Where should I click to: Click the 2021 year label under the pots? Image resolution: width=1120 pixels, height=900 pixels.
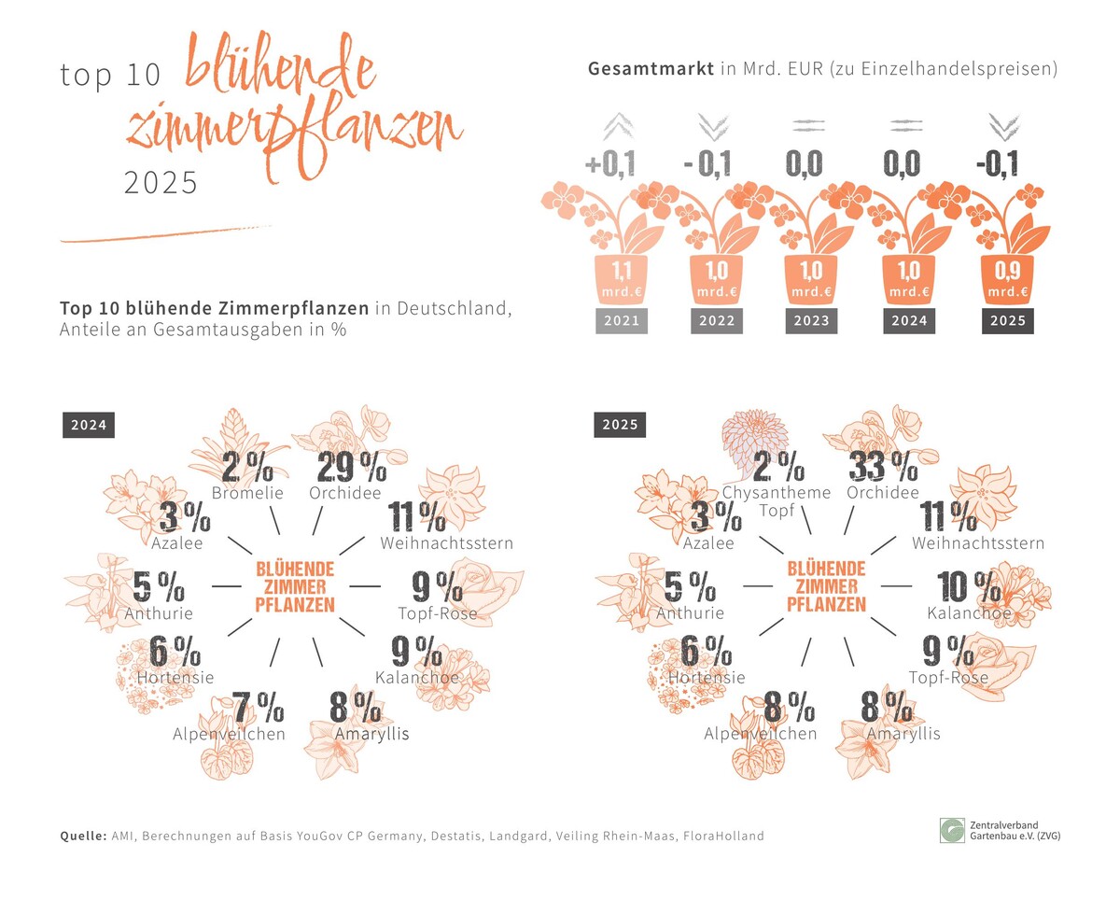coord(622,321)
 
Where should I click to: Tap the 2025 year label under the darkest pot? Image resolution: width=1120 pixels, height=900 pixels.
coord(1006,321)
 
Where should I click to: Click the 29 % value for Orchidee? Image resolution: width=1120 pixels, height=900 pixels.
coord(351,467)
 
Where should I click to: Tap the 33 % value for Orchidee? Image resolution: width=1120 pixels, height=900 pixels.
coord(883,467)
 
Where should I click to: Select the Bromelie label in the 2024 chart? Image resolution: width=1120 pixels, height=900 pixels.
coord(246,492)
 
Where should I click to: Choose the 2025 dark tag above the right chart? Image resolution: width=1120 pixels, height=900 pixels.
coord(620,425)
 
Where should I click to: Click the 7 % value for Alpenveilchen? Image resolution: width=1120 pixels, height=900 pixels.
coord(258,710)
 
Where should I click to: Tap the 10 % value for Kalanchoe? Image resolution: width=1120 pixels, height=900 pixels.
coord(969,587)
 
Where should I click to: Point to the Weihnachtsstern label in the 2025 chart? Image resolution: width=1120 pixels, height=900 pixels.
coord(978,542)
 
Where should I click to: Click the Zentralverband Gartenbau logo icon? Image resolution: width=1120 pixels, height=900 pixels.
coord(953,830)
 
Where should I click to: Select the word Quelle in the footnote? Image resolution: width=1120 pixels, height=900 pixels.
coord(82,836)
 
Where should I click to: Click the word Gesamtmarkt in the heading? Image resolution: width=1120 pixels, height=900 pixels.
coord(651,69)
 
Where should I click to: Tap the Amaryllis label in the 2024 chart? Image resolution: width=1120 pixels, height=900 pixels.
coord(371,734)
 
